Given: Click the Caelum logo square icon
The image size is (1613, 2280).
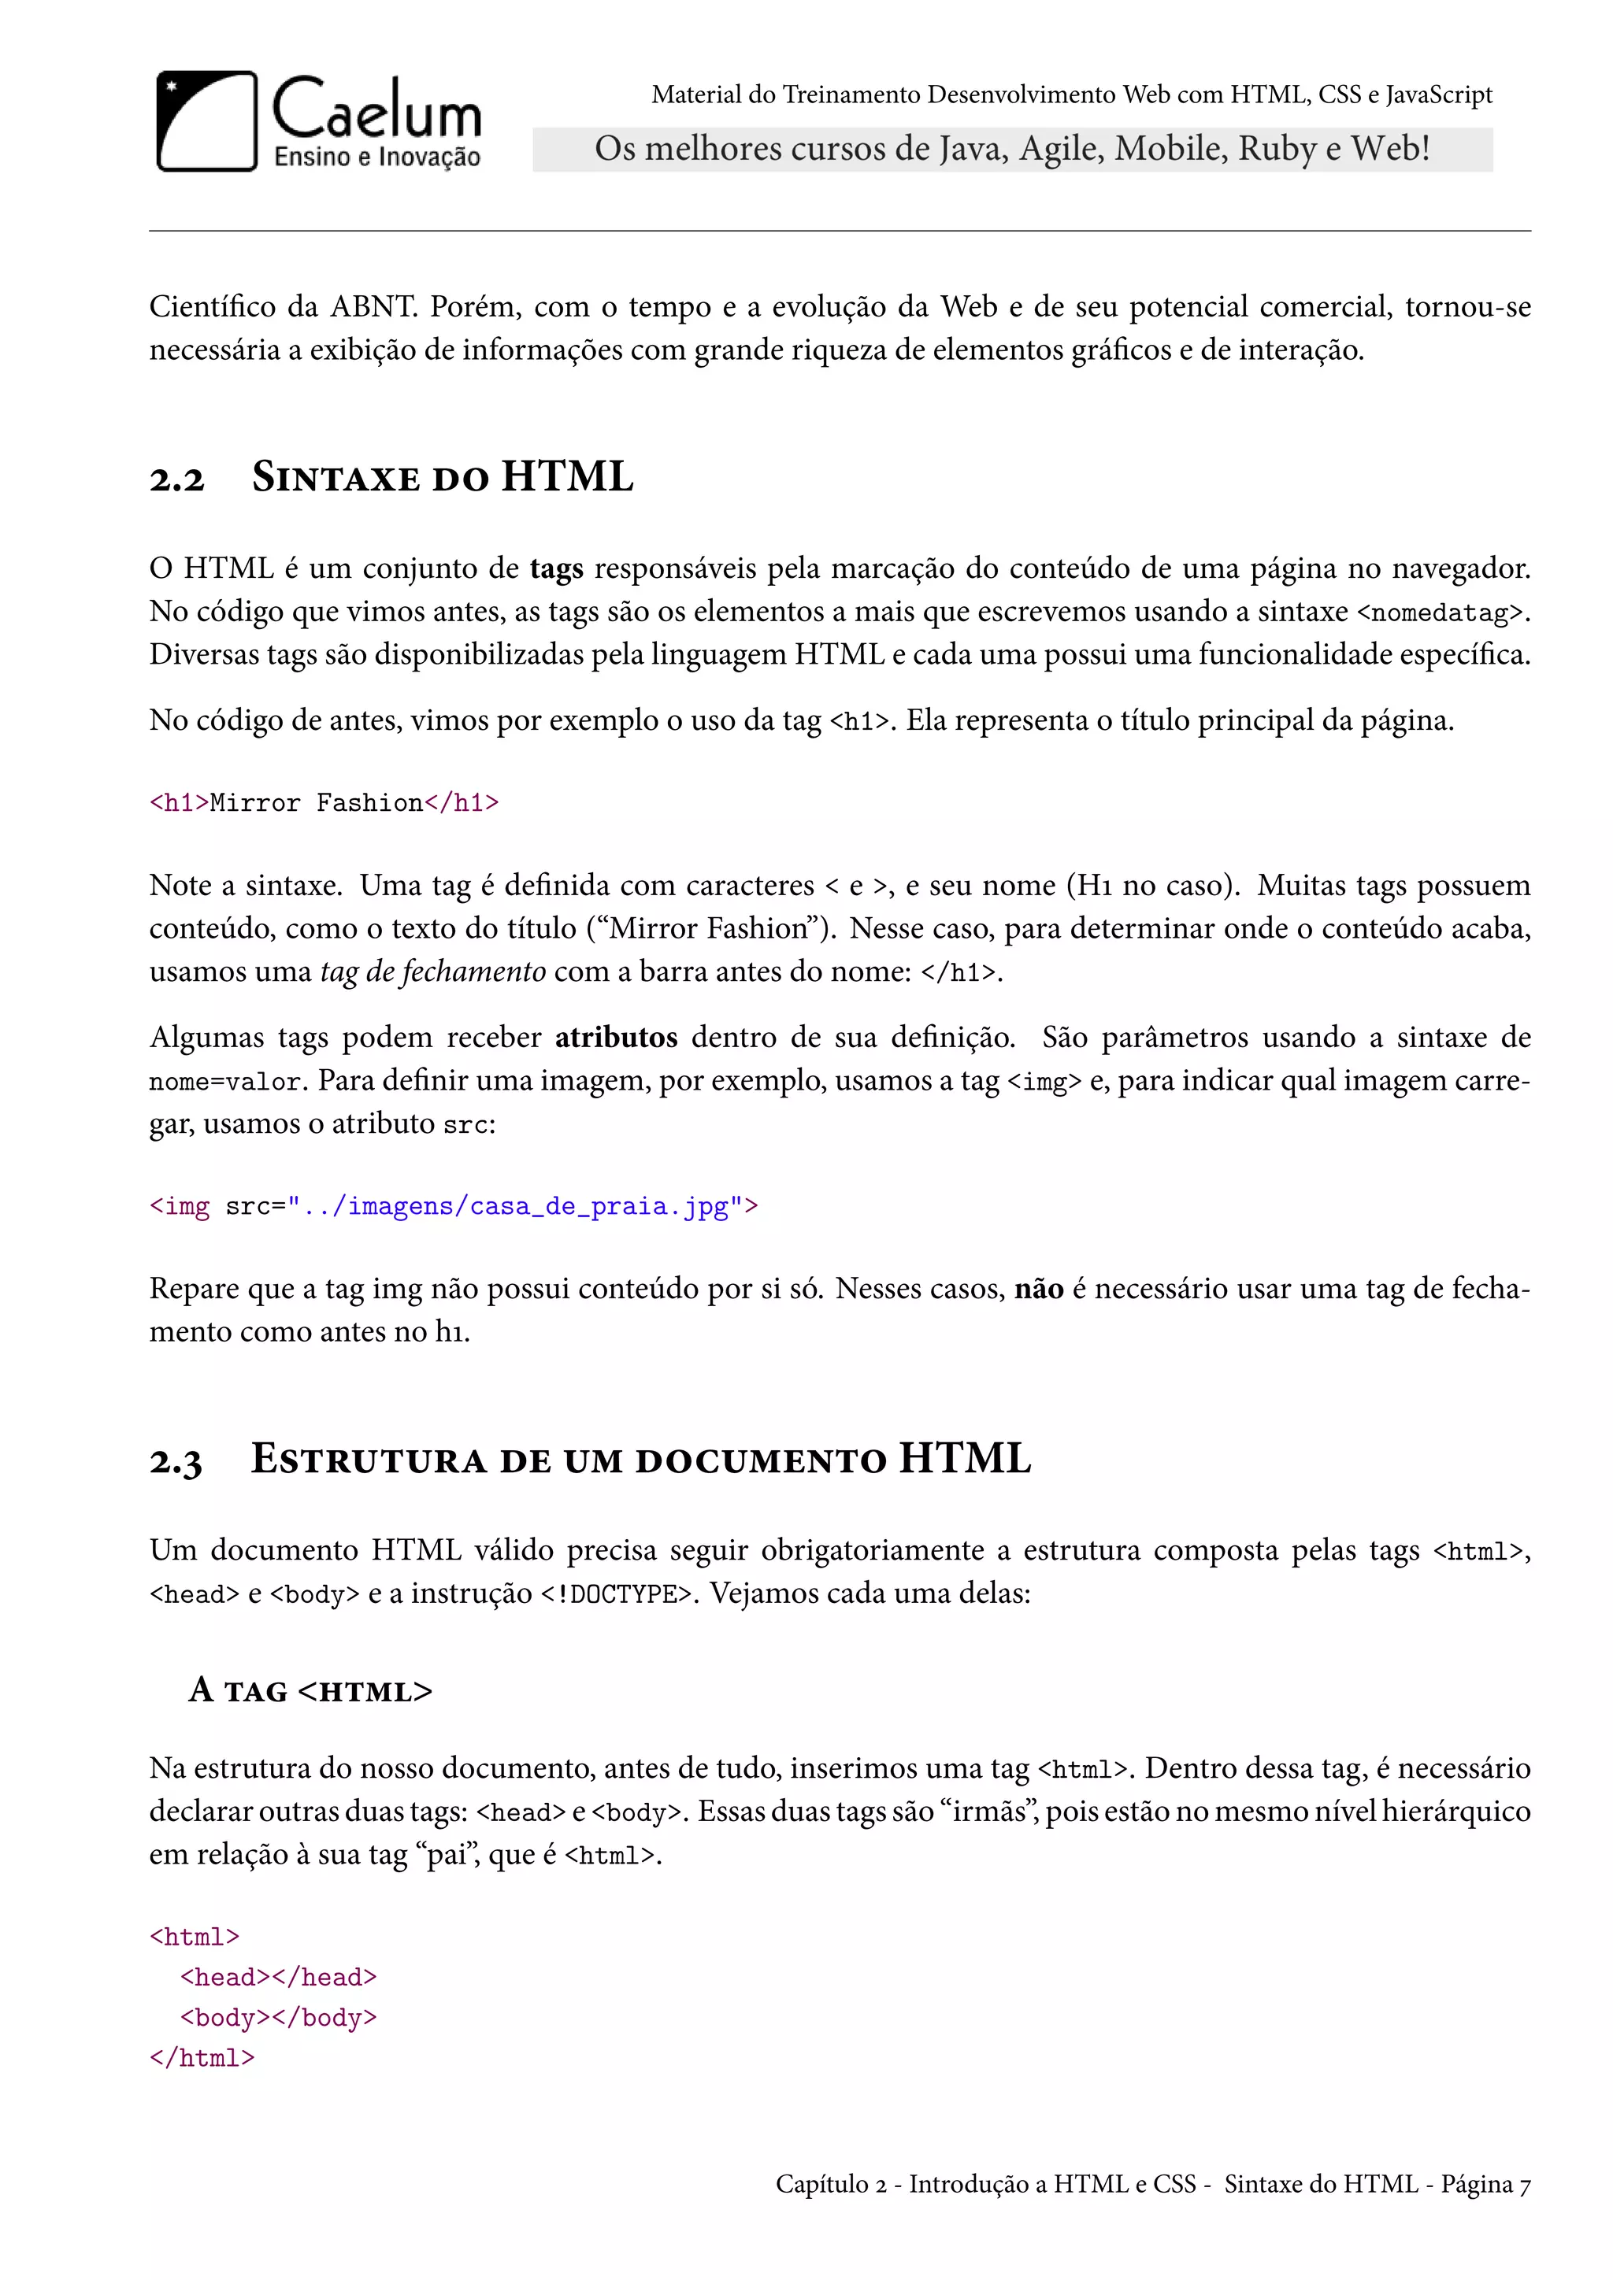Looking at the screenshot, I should point(206,121).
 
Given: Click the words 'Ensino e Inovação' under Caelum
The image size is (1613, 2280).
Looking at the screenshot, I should point(376,157).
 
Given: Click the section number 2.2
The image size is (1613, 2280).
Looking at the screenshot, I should point(176,479).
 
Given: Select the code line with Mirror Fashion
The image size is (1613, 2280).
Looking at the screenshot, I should point(324,802).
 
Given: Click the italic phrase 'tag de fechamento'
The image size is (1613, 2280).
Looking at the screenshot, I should point(432,972).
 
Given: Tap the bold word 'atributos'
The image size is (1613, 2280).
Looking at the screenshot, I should point(616,1037).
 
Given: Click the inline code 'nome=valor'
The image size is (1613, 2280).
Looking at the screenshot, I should point(225,1082).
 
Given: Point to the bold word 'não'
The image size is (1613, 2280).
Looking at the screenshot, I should point(1038,1289).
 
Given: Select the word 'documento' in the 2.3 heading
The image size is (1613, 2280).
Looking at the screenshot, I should point(761,1460).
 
